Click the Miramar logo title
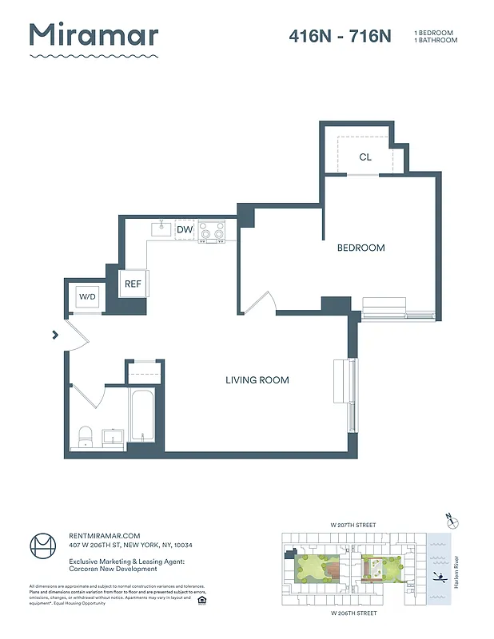click(94, 36)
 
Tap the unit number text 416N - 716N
click(340, 36)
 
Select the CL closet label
click(365, 157)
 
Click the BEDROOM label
click(361, 248)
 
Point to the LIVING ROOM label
click(257, 380)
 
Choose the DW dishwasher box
click(185, 230)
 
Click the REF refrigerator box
click(133, 284)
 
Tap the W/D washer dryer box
click(86, 297)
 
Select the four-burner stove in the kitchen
click(212, 230)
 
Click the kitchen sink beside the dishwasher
click(162, 229)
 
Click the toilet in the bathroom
click(86, 436)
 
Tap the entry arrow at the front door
click(55, 335)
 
